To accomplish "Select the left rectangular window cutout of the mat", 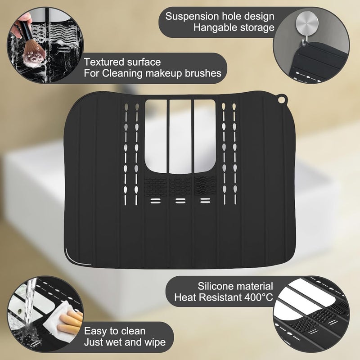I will pos(155,135).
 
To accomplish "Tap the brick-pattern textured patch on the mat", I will pos(154,185).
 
